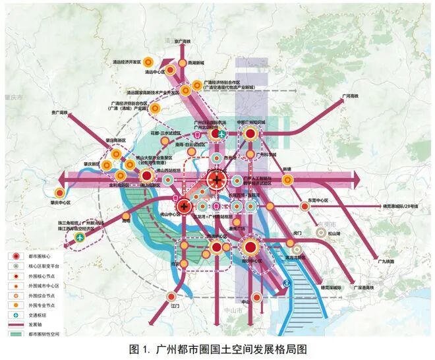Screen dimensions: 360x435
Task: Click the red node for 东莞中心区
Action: [304, 206]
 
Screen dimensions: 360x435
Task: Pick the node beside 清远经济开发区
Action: [150, 61]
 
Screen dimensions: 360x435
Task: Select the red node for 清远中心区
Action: [169, 69]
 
